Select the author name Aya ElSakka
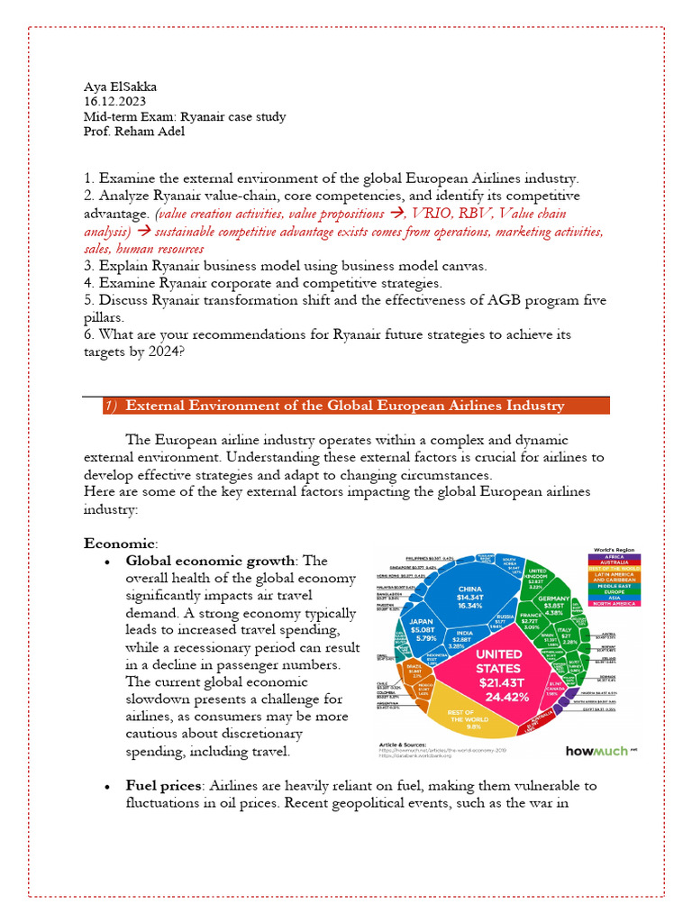pos(120,87)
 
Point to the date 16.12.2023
pos(114,102)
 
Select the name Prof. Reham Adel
pos(135,132)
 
